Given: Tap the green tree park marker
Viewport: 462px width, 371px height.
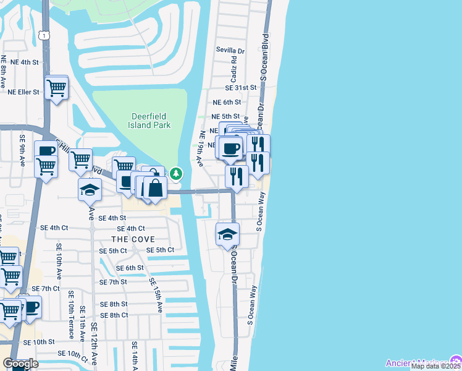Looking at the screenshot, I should pos(176,174).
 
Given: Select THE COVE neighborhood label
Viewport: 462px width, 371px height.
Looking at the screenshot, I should pos(132,239).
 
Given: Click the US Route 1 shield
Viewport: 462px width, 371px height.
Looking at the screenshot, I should pos(44,36).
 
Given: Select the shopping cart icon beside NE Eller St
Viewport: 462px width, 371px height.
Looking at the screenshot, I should pos(57,87).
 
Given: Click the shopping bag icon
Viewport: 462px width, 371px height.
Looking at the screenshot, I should pos(156,188).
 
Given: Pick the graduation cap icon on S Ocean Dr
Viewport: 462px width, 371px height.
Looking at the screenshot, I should pos(227,234).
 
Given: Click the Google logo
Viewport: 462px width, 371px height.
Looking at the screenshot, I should pos(20,364).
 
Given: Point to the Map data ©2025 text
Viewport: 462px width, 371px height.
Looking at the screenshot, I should pos(436,366).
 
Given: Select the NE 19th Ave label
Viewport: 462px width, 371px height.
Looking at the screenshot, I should pos(200,148).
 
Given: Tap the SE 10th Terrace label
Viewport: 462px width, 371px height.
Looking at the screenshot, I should pos(72,315).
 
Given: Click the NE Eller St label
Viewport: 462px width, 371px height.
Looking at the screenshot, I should pos(23,92).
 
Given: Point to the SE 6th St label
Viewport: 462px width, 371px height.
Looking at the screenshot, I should pos(130,268).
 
